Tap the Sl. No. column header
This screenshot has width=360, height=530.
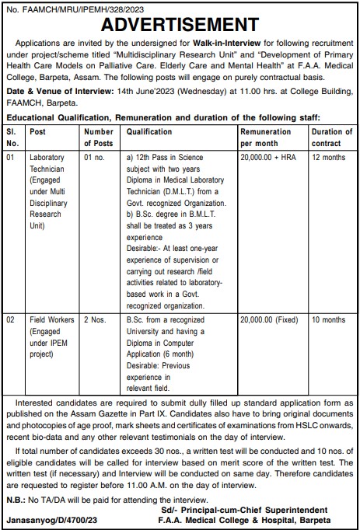click(13, 138)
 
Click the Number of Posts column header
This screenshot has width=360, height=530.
click(99, 138)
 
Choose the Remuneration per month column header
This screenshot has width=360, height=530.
click(267, 138)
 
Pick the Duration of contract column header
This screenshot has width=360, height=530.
click(331, 138)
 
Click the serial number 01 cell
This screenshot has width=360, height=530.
click(11, 157)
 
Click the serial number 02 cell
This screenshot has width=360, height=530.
click(11, 319)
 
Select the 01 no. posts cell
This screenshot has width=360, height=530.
click(95, 157)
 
